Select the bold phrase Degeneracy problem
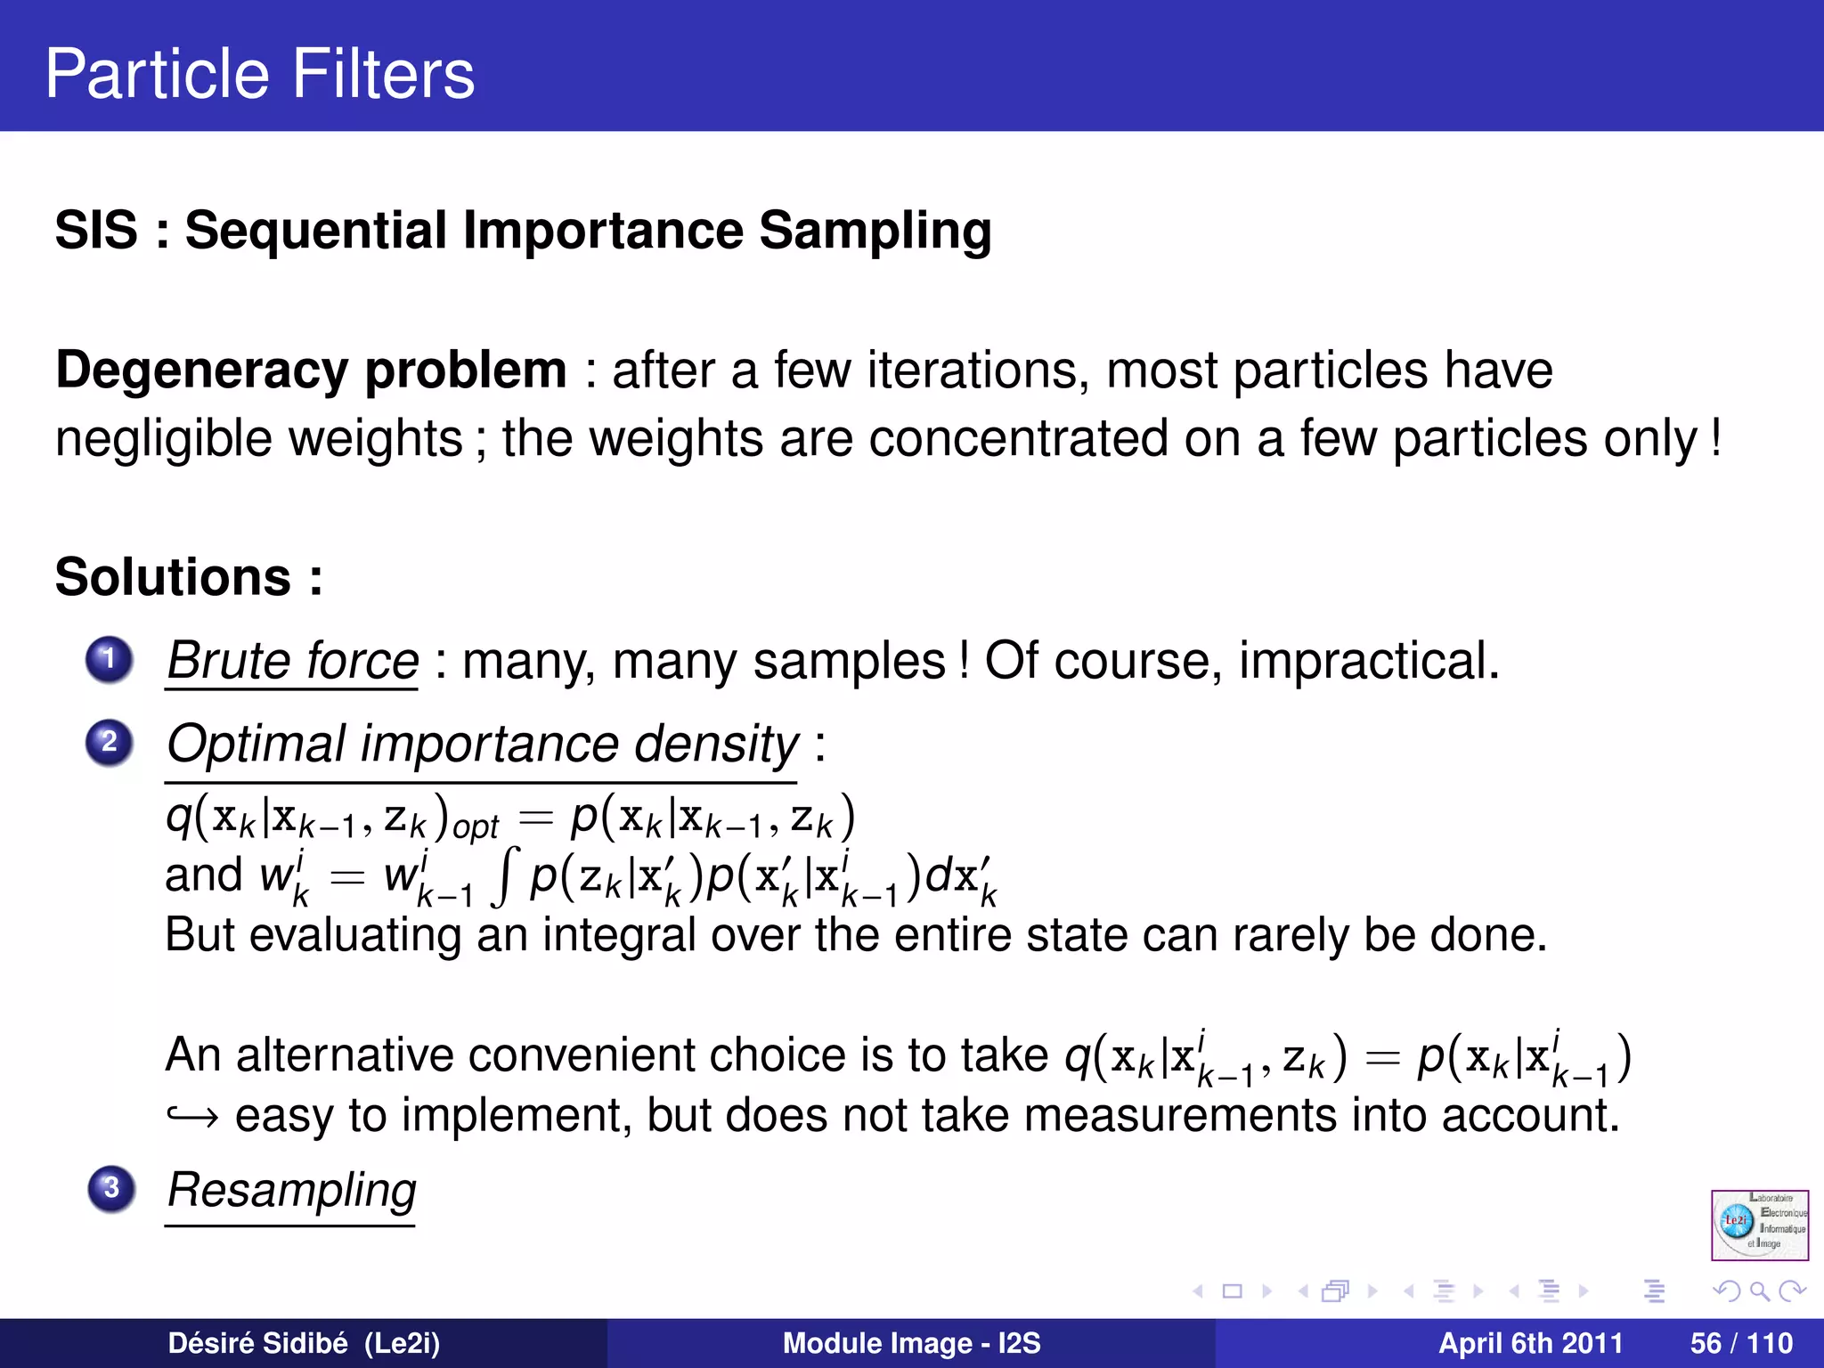[x=311, y=370]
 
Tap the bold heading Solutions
[x=174, y=577]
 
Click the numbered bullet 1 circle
[x=110, y=659]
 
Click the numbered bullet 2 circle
[x=110, y=742]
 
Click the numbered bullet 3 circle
[x=111, y=1188]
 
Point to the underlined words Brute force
[x=292, y=661]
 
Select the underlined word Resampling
[x=291, y=1190]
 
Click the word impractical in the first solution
[x=1367, y=661]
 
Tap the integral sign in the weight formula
[x=504, y=876]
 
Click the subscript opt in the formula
[x=476, y=827]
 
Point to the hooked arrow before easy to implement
[x=192, y=1115]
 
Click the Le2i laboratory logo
[x=1759, y=1225]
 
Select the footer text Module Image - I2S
[x=911, y=1343]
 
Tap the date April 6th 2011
[x=1530, y=1343]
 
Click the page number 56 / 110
[x=1740, y=1343]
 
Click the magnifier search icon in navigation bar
[x=1758, y=1291]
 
